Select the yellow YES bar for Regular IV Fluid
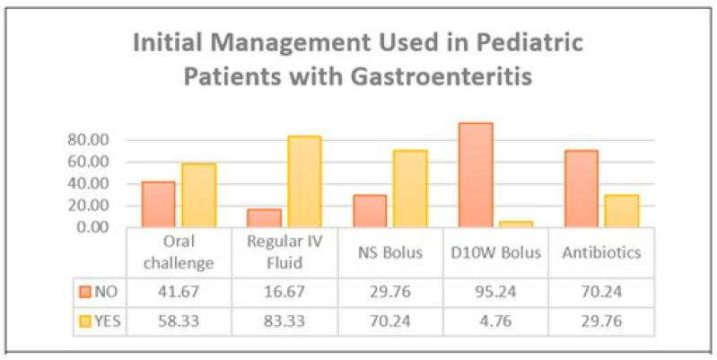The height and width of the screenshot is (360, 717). [304, 182]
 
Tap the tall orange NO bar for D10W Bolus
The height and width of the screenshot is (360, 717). [476, 175]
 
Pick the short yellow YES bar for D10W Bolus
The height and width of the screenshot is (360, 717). [516, 224]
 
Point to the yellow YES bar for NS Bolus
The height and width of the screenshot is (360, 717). [410, 189]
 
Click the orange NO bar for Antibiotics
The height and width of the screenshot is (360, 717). [581, 189]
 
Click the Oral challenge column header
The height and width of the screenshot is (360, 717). [179, 252]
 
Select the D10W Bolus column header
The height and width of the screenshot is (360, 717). [496, 252]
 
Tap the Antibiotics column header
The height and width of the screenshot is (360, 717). [601, 252]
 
